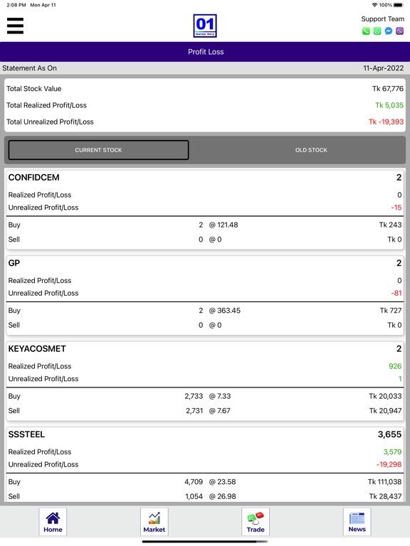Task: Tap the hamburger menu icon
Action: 15,26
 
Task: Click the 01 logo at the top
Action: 205,26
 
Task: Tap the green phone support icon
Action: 366,31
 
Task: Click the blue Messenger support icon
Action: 389,31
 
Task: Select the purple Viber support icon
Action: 399,31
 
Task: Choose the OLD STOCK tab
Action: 311,150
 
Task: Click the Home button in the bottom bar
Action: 53,522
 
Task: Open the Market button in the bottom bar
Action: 154,522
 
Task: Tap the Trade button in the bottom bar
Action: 256,522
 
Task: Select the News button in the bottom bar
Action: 357,522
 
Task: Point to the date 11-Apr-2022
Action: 383,68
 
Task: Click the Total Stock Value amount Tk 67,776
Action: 388,89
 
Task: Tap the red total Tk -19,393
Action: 386,122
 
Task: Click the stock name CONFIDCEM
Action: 34,178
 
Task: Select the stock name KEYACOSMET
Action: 37,349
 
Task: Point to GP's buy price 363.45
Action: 228,311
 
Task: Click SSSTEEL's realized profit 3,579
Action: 392,452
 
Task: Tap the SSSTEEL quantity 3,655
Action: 390,434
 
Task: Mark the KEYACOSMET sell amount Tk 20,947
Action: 385,411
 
